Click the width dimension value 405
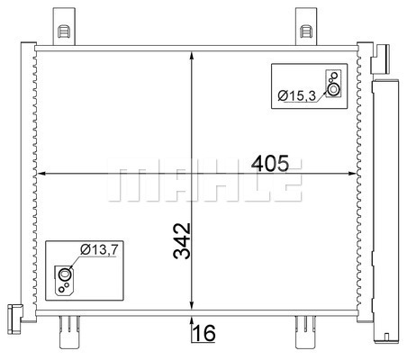270,163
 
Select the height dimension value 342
182,241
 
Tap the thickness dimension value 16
203,333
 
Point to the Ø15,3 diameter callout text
296,95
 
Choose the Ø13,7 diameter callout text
99,249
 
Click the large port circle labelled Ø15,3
333,89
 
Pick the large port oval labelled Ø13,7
65,274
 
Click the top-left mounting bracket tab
64,26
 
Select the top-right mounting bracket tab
306,26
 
